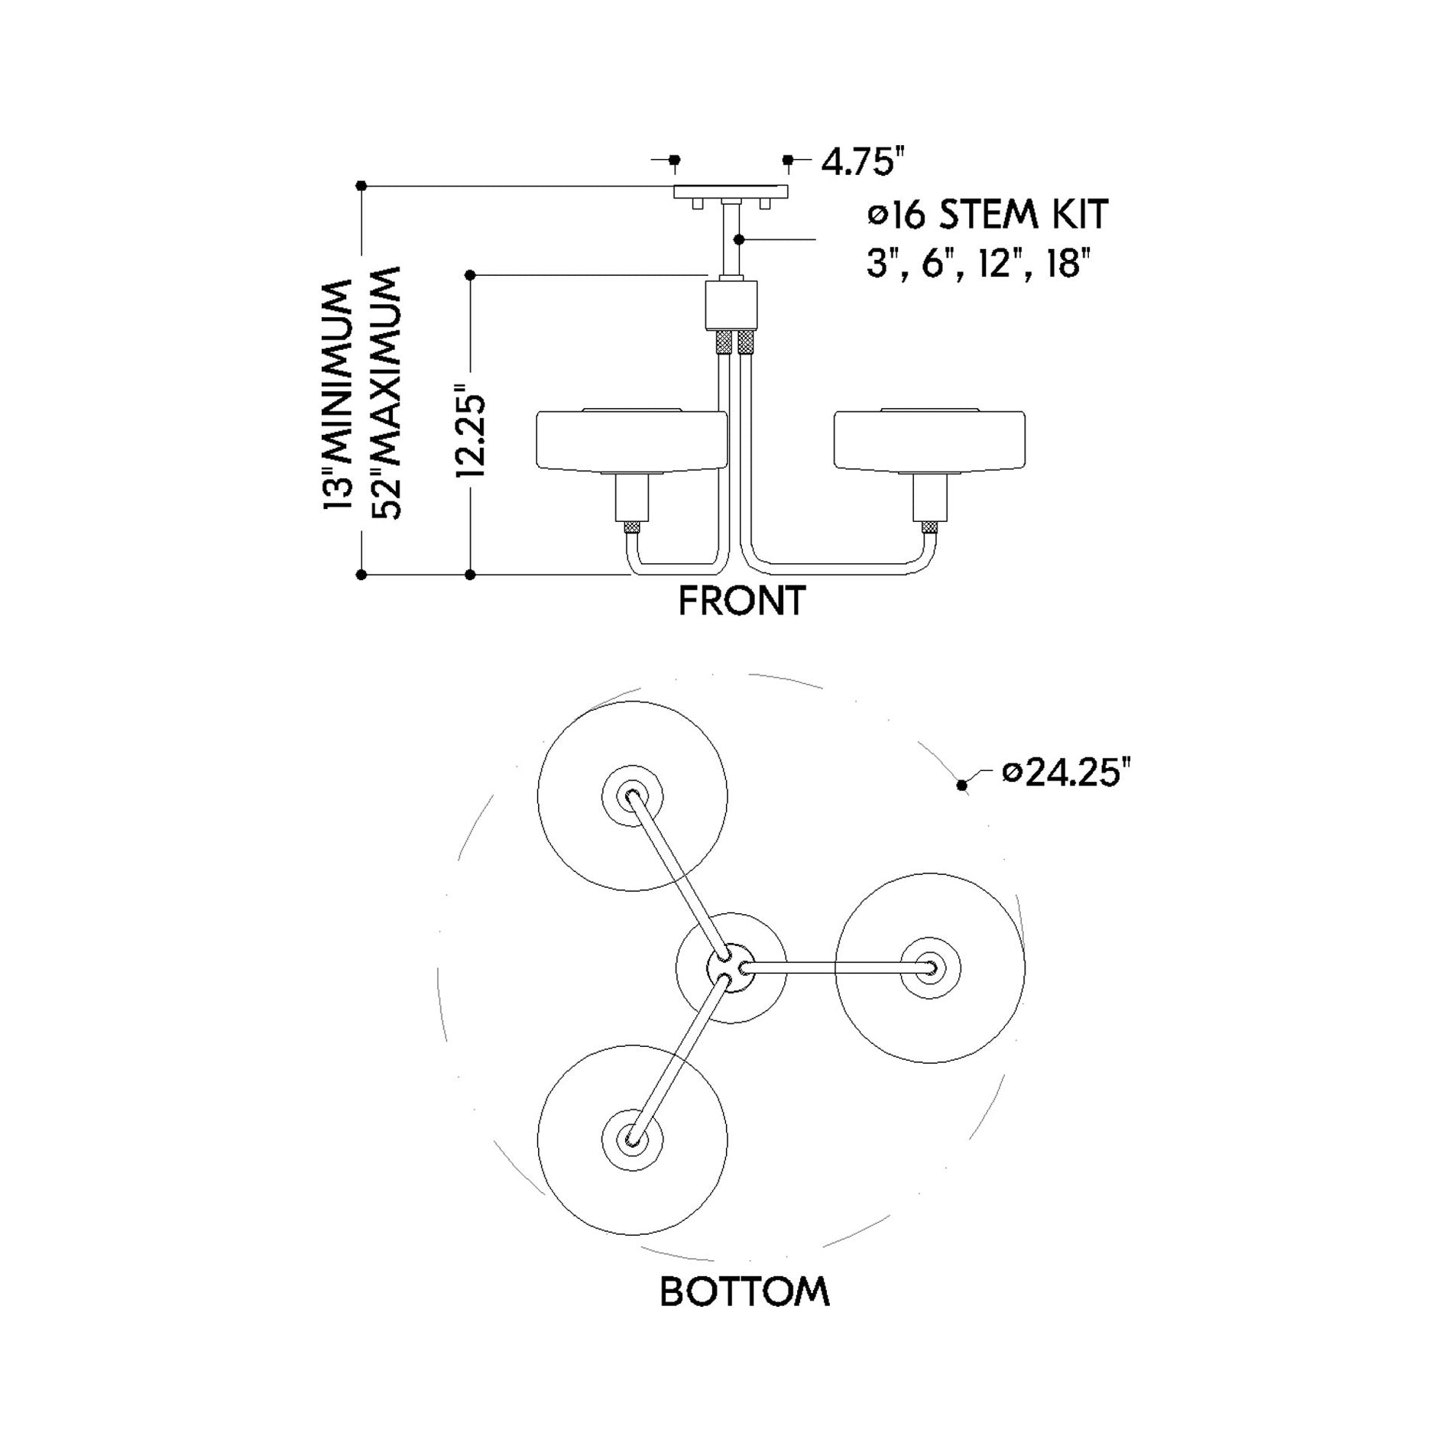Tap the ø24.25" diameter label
1065,773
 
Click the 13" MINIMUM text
336,394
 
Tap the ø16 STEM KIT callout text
987,214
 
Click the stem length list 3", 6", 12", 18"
975,264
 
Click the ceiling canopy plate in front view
731,192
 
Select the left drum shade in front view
631,441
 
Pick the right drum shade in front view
929,441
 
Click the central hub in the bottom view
731,967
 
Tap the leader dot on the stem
738,240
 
